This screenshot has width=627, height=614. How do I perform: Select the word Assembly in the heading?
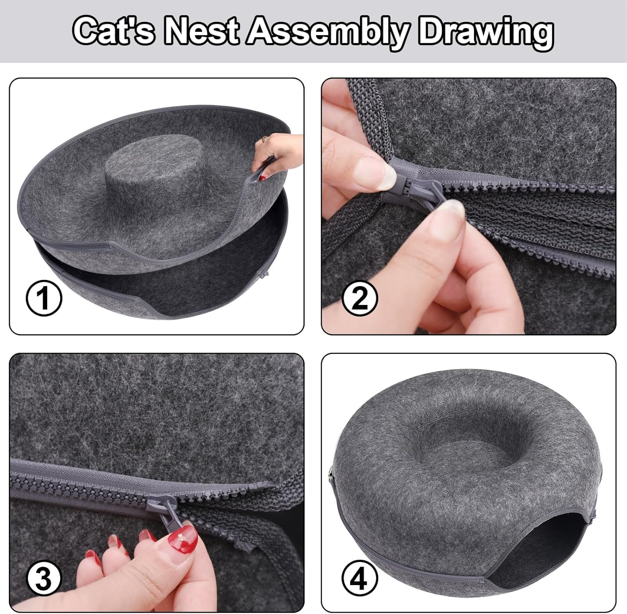coord(326,31)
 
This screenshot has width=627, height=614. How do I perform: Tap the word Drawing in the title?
coord(486,31)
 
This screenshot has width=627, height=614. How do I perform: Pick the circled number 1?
coord(44,299)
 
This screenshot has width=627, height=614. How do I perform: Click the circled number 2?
coord(359,299)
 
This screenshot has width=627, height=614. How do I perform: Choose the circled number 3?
coord(44,579)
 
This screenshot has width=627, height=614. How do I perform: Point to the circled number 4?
coord(359,579)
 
